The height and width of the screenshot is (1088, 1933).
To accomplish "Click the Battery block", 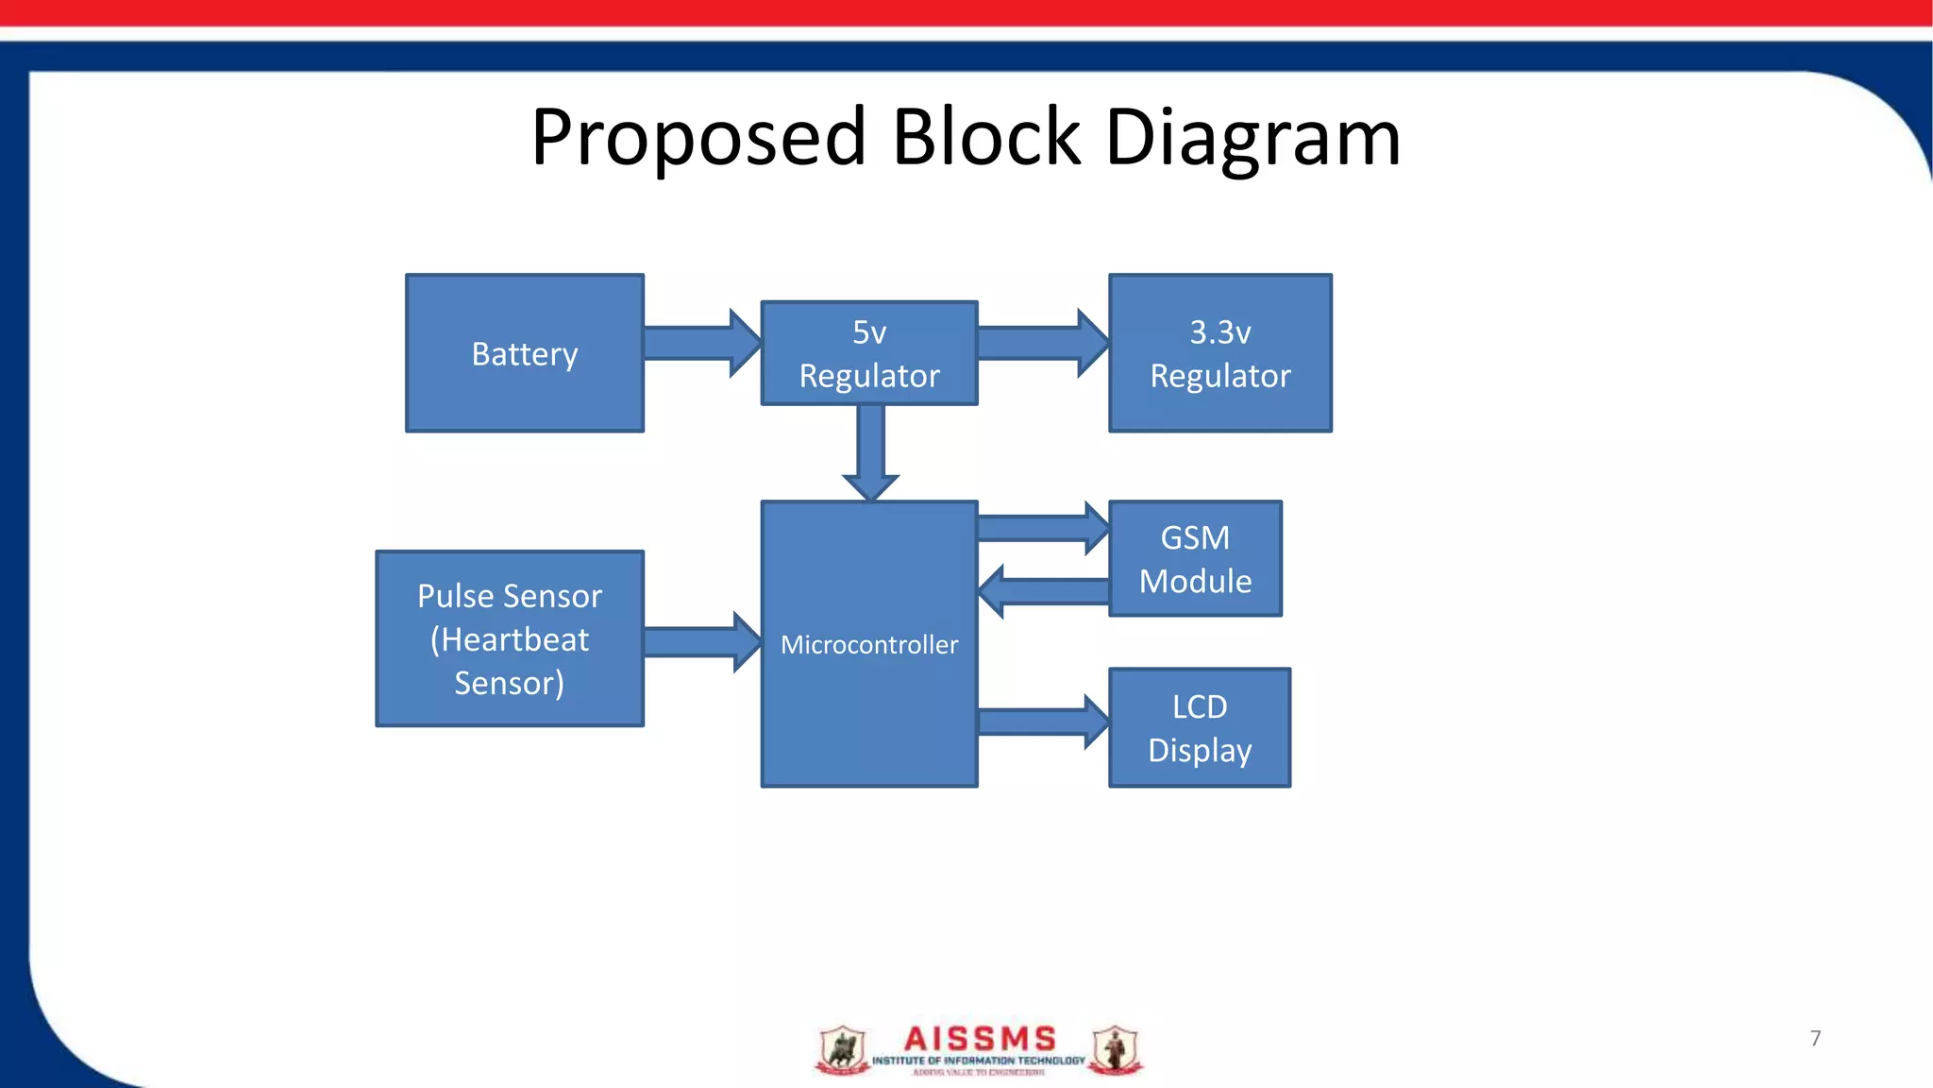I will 525,353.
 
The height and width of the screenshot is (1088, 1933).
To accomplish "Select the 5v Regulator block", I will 869,353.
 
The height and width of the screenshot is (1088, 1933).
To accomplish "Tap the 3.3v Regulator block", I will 1219,353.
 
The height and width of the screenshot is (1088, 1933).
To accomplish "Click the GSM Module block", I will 1195,559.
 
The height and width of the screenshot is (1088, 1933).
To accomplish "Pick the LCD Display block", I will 1200,728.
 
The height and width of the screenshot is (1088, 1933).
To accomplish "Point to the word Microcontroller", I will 869,645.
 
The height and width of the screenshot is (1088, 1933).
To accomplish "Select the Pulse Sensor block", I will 510,639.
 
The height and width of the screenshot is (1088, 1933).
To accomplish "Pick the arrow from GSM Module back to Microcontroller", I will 1044,592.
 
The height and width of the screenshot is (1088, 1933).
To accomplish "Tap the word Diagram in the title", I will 1252,138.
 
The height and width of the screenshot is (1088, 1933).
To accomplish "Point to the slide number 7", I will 1815,1038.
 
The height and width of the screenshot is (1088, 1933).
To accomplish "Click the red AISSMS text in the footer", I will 979,1039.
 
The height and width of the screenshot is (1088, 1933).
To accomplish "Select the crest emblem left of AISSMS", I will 842,1049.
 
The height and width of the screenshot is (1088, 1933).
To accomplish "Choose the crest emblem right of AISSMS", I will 1116,1049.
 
